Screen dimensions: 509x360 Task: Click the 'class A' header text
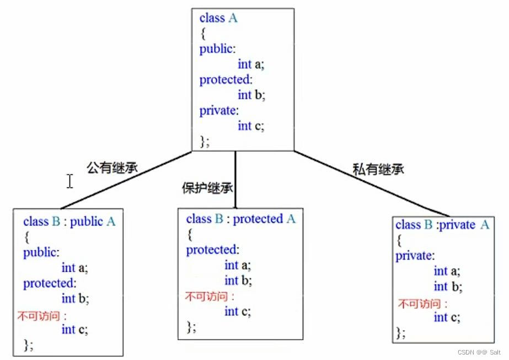(218, 18)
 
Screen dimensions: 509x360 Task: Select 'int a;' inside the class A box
(251, 64)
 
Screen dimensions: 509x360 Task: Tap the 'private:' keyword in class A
(219, 110)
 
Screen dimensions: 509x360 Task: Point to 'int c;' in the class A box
(251, 126)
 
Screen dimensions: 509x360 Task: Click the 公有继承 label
(111, 168)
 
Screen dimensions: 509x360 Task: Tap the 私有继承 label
(378, 170)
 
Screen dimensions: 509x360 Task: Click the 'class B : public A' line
(69, 222)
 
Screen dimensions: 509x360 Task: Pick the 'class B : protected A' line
(241, 219)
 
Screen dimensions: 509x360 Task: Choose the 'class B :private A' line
(442, 224)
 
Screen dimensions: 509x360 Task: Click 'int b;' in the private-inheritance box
(448, 287)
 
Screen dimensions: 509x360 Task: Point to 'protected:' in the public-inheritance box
(49, 283)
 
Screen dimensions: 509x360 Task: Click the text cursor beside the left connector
(70, 181)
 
